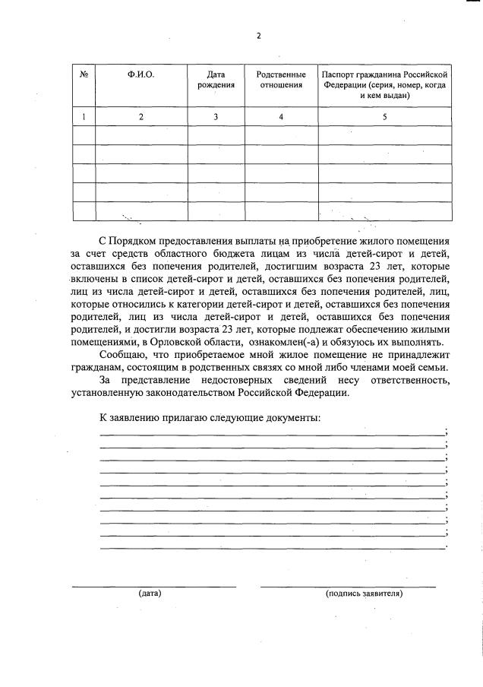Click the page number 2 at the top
click(x=258, y=35)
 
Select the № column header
click(x=83, y=75)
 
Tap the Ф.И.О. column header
click(x=140, y=75)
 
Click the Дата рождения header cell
click(x=216, y=81)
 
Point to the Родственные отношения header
click(x=281, y=81)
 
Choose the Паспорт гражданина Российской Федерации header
click(x=384, y=86)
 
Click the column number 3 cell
click(x=216, y=116)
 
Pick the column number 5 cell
click(x=384, y=116)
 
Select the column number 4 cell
click(x=281, y=116)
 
